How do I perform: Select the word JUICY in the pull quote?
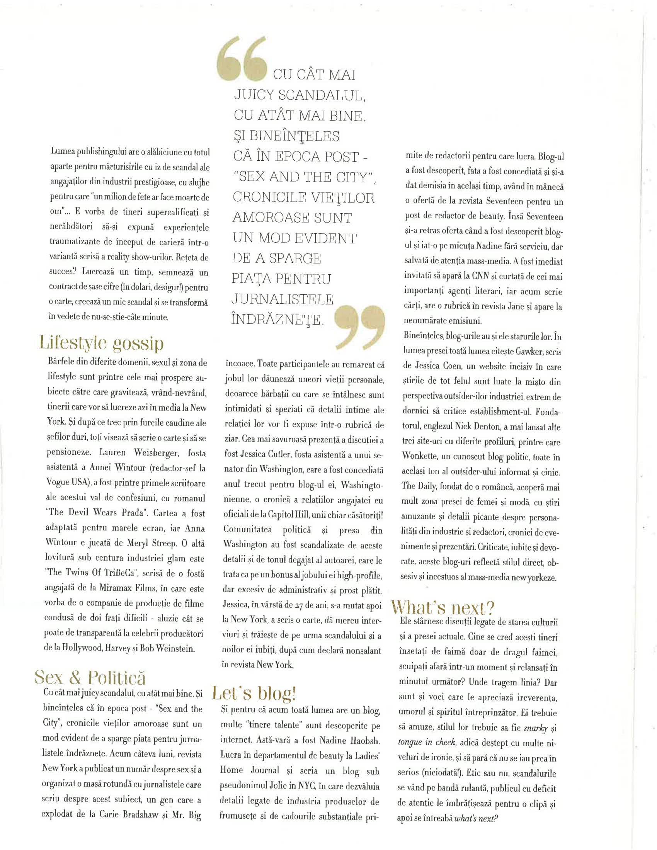click(255, 95)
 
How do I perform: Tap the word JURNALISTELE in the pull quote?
click(283, 299)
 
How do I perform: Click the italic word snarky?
click(536, 728)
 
